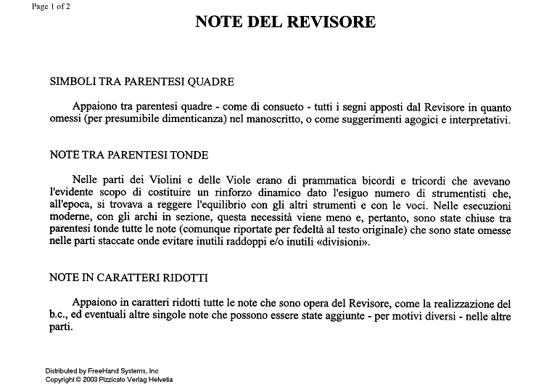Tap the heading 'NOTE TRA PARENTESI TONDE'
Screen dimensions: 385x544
tap(128, 155)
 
